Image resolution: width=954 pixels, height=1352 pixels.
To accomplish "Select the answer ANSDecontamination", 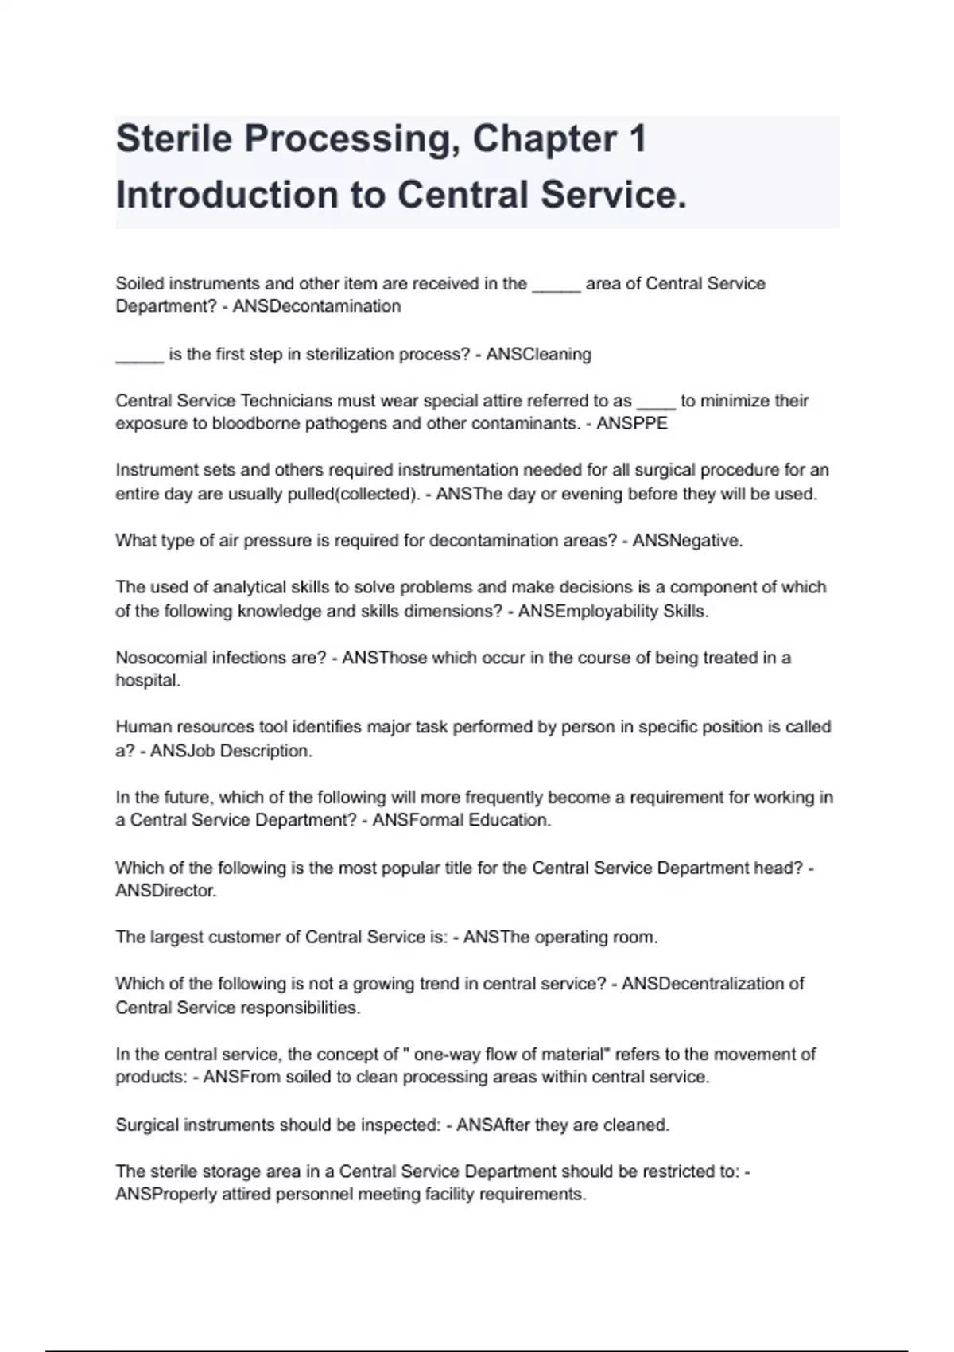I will coord(316,306).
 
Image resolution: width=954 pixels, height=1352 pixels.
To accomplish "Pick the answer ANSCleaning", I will coord(538,354).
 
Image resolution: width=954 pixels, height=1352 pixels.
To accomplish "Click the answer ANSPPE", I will coord(632,423).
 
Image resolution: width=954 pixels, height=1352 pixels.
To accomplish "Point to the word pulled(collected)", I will coord(365,494).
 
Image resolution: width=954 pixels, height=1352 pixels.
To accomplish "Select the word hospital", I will coord(147,681).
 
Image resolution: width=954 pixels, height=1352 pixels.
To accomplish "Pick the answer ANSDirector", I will coord(165,891).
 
